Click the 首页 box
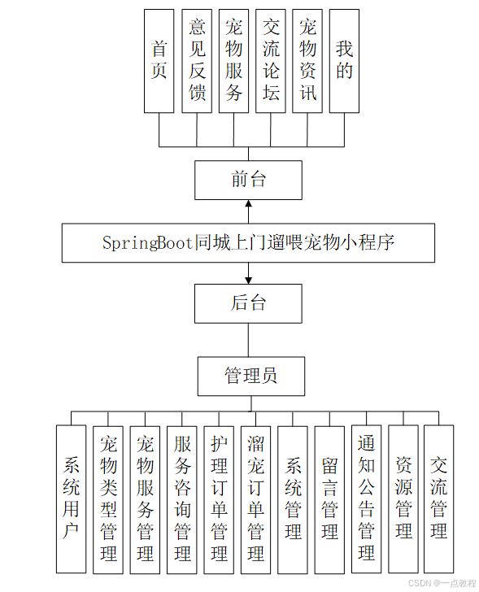tap(159, 61)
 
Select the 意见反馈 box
tap(197, 61)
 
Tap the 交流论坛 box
tap(270, 61)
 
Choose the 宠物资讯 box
tap(307, 61)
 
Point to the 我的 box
tap(344, 61)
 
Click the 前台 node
tap(248, 180)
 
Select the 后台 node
tap(248, 303)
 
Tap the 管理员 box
tap(251, 376)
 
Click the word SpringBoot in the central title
tap(147, 243)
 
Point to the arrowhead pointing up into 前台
tap(248, 203)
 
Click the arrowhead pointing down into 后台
tap(248, 280)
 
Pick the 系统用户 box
tap(71, 499)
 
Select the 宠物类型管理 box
tap(108, 500)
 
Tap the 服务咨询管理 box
tap(182, 500)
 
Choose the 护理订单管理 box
tap(219, 500)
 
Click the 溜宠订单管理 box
tap(256, 500)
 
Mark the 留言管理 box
tap(329, 500)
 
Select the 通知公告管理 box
tap(367, 499)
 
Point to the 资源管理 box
tap(403, 499)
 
